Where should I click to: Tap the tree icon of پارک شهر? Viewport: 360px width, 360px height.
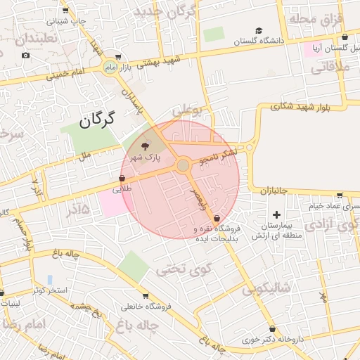[146, 146]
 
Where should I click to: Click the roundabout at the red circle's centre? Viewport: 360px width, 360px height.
[183, 165]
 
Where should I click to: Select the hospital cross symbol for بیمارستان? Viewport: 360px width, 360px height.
[276, 214]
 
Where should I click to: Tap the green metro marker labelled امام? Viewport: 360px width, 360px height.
[110, 67]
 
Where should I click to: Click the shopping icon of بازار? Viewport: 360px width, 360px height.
[117, 57]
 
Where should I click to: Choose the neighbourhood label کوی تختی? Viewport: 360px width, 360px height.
[174, 268]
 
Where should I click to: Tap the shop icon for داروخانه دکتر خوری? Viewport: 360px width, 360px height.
[271, 328]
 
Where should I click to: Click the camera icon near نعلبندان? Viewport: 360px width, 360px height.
[26, 55]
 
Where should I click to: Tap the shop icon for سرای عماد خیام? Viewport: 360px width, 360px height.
[340, 195]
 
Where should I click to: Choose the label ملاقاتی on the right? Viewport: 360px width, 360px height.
[325, 68]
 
